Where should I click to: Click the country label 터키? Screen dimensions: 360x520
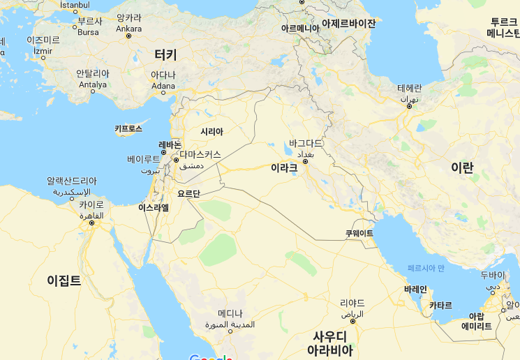165,54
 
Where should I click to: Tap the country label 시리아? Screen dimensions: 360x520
211,131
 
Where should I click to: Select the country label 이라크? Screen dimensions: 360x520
284,167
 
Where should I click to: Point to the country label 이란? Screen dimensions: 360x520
461,167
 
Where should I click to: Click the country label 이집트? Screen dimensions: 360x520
64,280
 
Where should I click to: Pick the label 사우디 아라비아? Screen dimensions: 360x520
331,343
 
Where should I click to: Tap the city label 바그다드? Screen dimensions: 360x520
306,143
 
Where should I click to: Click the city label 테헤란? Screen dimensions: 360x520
410,88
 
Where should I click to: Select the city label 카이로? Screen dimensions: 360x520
91,205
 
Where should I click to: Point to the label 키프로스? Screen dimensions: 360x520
128,129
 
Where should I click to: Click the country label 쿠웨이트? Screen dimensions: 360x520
359,233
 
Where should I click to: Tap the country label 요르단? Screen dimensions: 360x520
188,193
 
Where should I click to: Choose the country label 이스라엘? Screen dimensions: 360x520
154,207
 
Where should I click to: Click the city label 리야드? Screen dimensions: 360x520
352,303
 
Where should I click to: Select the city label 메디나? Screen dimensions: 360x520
230,313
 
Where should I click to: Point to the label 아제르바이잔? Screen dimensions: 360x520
348,23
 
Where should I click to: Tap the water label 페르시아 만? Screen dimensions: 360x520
426,268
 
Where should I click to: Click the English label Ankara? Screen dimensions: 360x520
128,29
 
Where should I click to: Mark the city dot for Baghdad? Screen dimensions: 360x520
305,161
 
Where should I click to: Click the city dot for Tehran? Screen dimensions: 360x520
410,106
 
